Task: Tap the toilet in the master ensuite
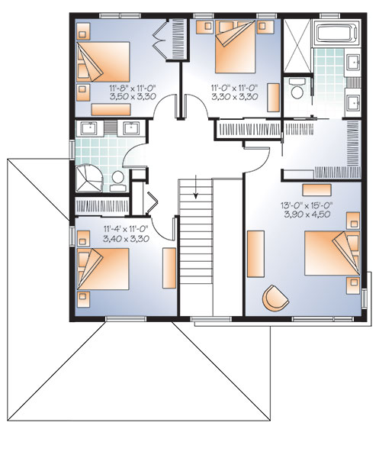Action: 296,90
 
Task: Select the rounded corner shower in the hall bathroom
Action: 90,176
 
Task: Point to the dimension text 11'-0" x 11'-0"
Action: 234,89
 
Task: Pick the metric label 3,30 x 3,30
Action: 234,98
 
